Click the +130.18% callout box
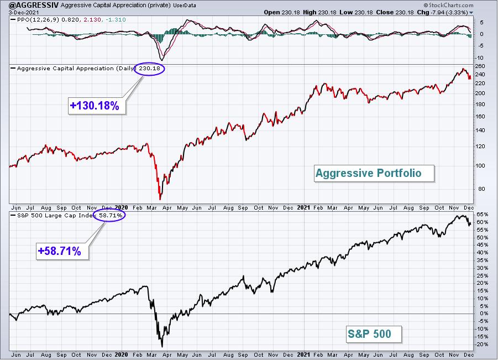point(97,106)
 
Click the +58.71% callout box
point(62,251)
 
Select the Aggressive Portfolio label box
point(374,173)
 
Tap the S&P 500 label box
point(374,334)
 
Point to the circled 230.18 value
point(149,69)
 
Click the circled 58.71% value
point(110,216)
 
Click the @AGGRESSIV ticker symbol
point(29,5)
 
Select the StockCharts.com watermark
point(448,5)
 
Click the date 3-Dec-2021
point(24,12)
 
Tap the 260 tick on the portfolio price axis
point(480,66)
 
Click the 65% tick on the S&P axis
point(482,215)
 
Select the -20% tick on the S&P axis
point(481,345)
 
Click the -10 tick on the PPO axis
point(480,58)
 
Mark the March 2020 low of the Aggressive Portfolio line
point(160,199)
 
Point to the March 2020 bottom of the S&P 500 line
point(162,347)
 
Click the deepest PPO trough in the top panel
point(162,60)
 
